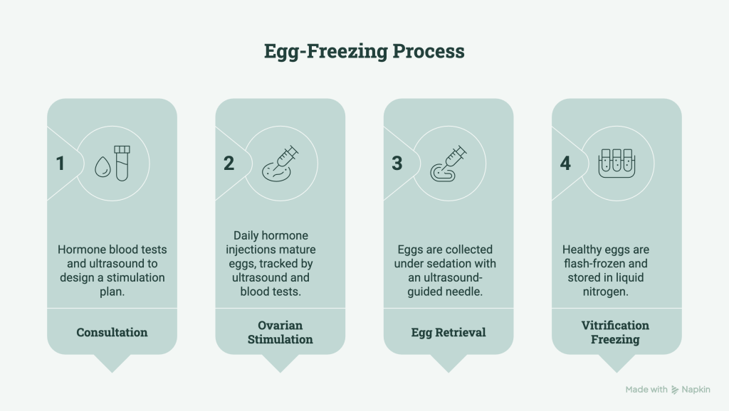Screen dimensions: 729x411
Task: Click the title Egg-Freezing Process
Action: pyautogui.click(x=364, y=51)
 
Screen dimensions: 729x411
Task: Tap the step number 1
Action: pyautogui.click(x=60, y=164)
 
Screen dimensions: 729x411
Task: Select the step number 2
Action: pyautogui.click(x=229, y=164)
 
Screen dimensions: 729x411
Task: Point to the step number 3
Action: pyautogui.click(x=397, y=164)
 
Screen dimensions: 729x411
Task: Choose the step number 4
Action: pyautogui.click(x=565, y=164)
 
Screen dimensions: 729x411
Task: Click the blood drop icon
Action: pyautogui.click(x=103, y=166)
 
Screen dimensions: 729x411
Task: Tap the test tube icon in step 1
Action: pyautogui.click(x=122, y=163)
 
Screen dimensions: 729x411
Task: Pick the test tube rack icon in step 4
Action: pyautogui.click(x=617, y=163)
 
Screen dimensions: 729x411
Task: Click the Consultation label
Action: pyautogui.click(x=112, y=333)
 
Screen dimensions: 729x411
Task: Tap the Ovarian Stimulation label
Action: pyautogui.click(x=280, y=333)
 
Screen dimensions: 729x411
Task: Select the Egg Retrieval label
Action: pyautogui.click(x=449, y=333)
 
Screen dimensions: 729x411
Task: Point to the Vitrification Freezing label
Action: pyautogui.click(x=615, y=333)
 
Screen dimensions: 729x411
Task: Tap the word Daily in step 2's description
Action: pyautogui.click(x=246, y=236)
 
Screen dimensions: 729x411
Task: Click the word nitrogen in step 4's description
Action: pyautogui.click(x=605, y=292)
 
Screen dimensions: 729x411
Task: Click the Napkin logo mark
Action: pyautogui.click(x=675, y=390)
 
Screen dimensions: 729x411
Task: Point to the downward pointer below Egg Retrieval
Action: pyautogui.click(x=449, y=362)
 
